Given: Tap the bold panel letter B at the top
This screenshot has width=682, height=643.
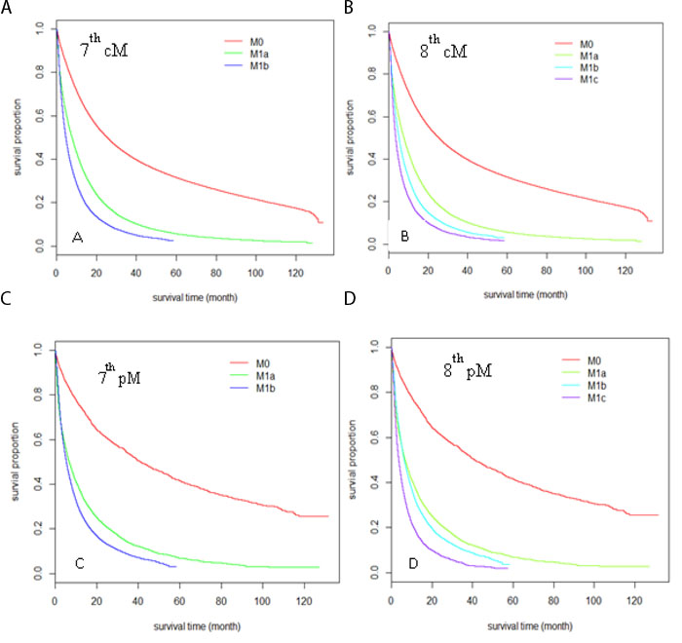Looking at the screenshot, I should click(x=350, y=9).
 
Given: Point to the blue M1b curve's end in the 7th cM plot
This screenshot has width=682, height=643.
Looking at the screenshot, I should click(x=172, y=240).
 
